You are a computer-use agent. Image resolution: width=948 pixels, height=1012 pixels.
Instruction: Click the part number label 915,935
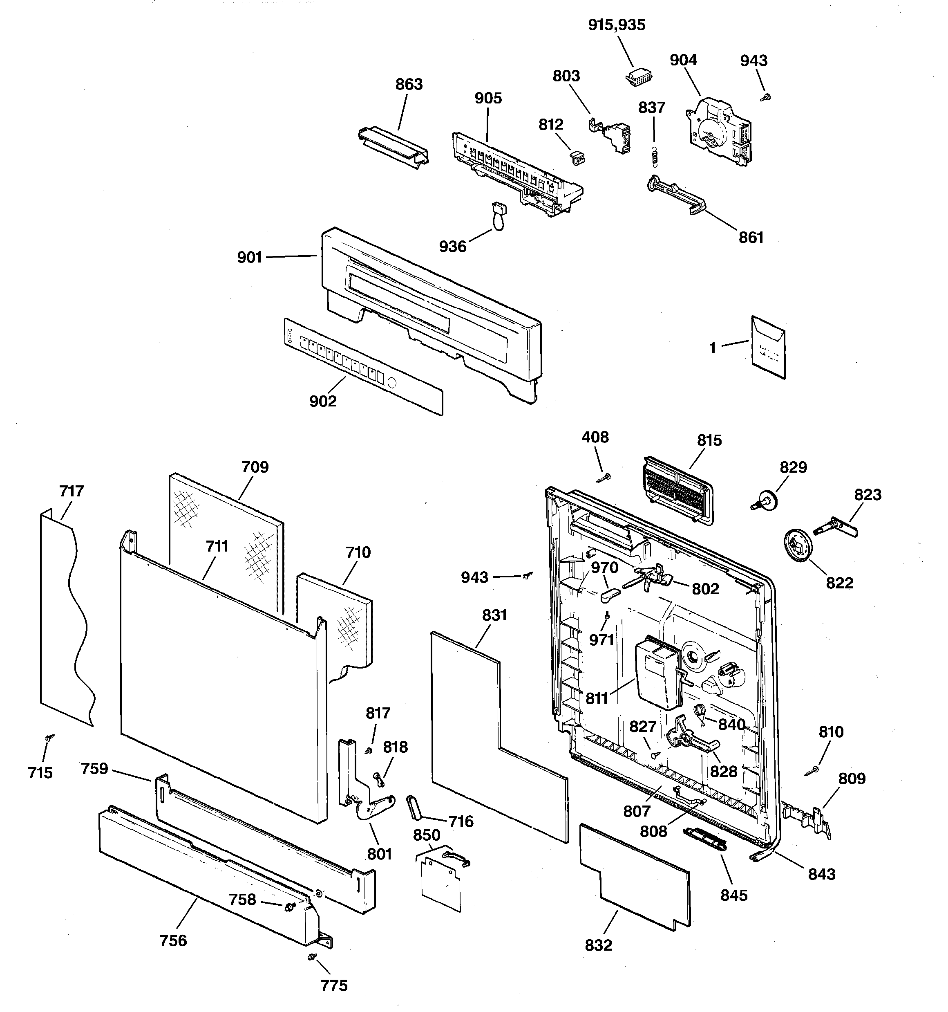tap(616, 25)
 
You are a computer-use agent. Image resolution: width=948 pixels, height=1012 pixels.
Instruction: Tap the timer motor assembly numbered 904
tap(716, 131)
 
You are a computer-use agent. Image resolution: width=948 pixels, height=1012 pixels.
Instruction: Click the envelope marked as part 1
tap(768, 347)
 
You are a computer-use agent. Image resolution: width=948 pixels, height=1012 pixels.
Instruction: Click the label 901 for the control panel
tap(249, 258)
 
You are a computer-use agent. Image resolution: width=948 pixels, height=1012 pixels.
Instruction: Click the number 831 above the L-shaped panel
tap(494, 615)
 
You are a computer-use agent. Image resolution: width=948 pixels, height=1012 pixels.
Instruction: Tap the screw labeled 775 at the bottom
tap(311, 958)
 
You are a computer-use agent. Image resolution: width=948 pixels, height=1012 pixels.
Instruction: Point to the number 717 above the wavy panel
tap(71, 491)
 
